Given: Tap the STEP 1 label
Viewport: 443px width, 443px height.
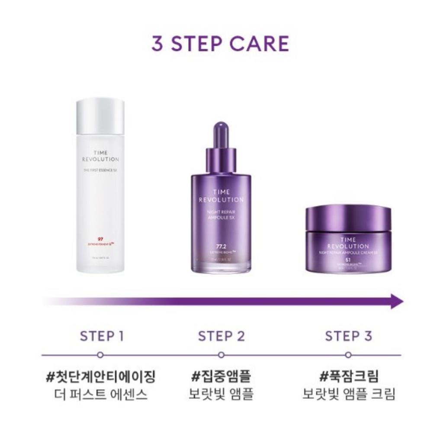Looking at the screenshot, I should tap(102, 336).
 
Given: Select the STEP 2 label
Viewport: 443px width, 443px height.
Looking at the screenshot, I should tap(221, 336).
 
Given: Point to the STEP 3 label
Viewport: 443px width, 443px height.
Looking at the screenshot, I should tap(348, 336).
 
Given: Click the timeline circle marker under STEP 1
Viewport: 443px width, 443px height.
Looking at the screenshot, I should tap(100, 355).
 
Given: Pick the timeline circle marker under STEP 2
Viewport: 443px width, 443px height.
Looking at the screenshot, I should tap(221, 355).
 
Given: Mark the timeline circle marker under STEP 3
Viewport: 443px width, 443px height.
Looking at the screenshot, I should tap(348, 355).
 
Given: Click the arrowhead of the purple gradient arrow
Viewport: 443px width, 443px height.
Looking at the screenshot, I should tap(397, 301).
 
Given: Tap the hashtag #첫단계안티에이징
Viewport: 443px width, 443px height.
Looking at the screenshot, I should tap(100, 376).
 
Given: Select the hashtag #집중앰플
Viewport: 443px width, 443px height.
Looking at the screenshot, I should tap(221, 376).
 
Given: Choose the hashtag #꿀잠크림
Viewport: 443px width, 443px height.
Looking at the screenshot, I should tap(349, 376).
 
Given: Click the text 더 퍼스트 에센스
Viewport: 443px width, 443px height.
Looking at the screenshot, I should tap(100, 395).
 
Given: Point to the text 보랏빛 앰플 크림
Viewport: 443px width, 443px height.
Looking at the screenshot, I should tap(349, 395).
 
